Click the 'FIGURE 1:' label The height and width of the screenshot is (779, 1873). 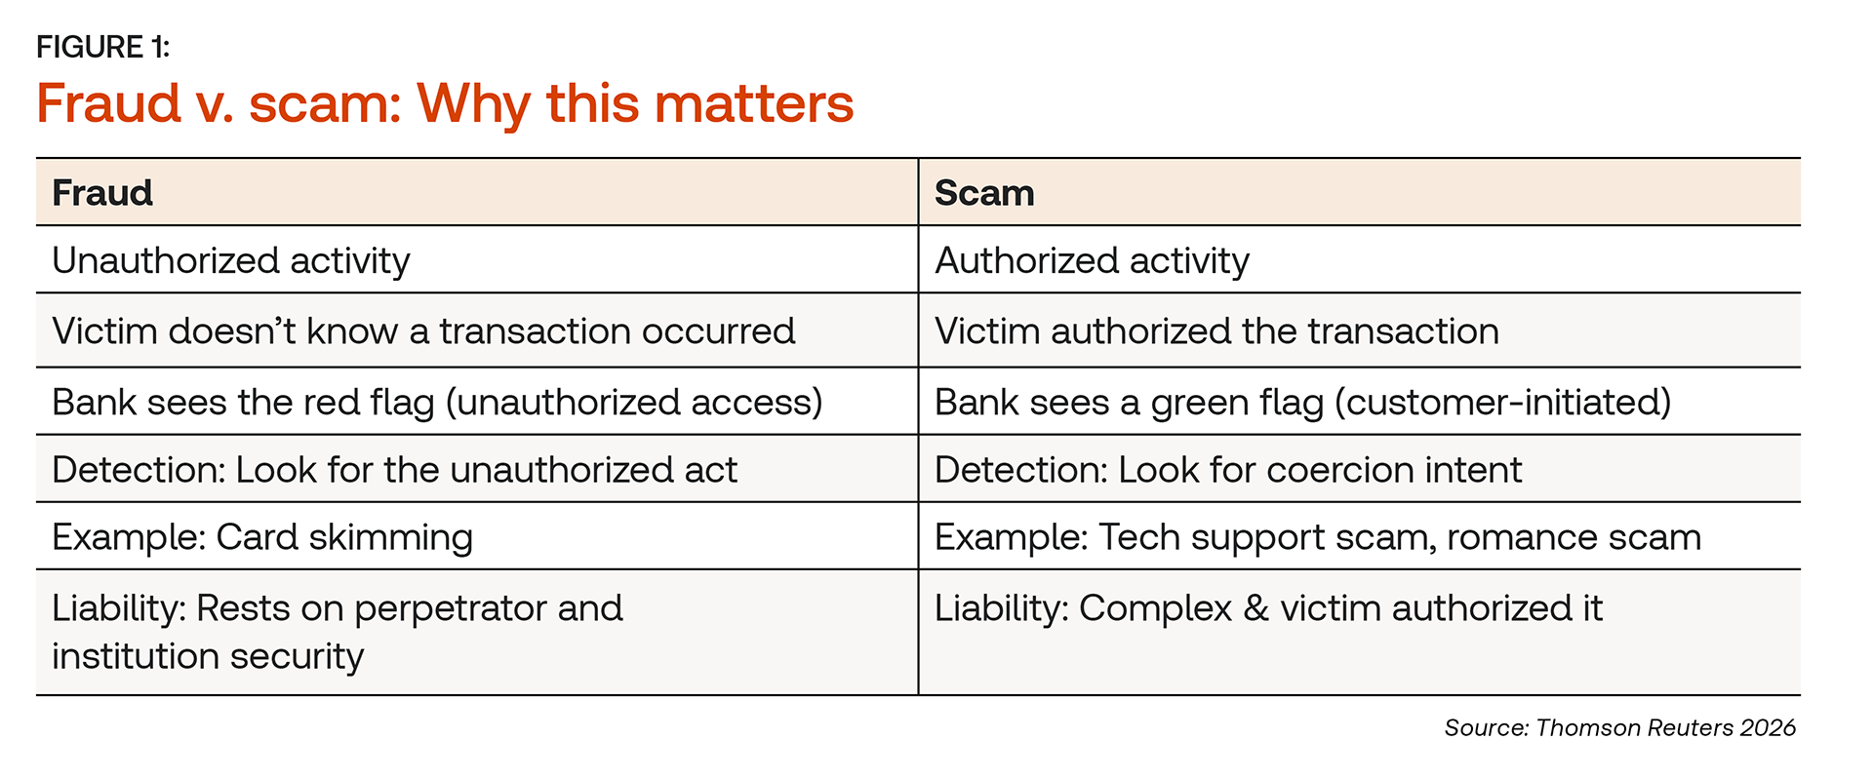click(102, 47)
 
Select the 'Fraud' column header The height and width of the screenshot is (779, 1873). click(102, 193)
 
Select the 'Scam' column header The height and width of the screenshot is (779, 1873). click(984, 193)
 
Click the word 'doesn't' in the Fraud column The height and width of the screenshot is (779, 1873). click(231, 331)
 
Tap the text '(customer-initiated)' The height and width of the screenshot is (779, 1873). click(1503, 403)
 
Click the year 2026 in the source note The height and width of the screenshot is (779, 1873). click(1768, 728)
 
